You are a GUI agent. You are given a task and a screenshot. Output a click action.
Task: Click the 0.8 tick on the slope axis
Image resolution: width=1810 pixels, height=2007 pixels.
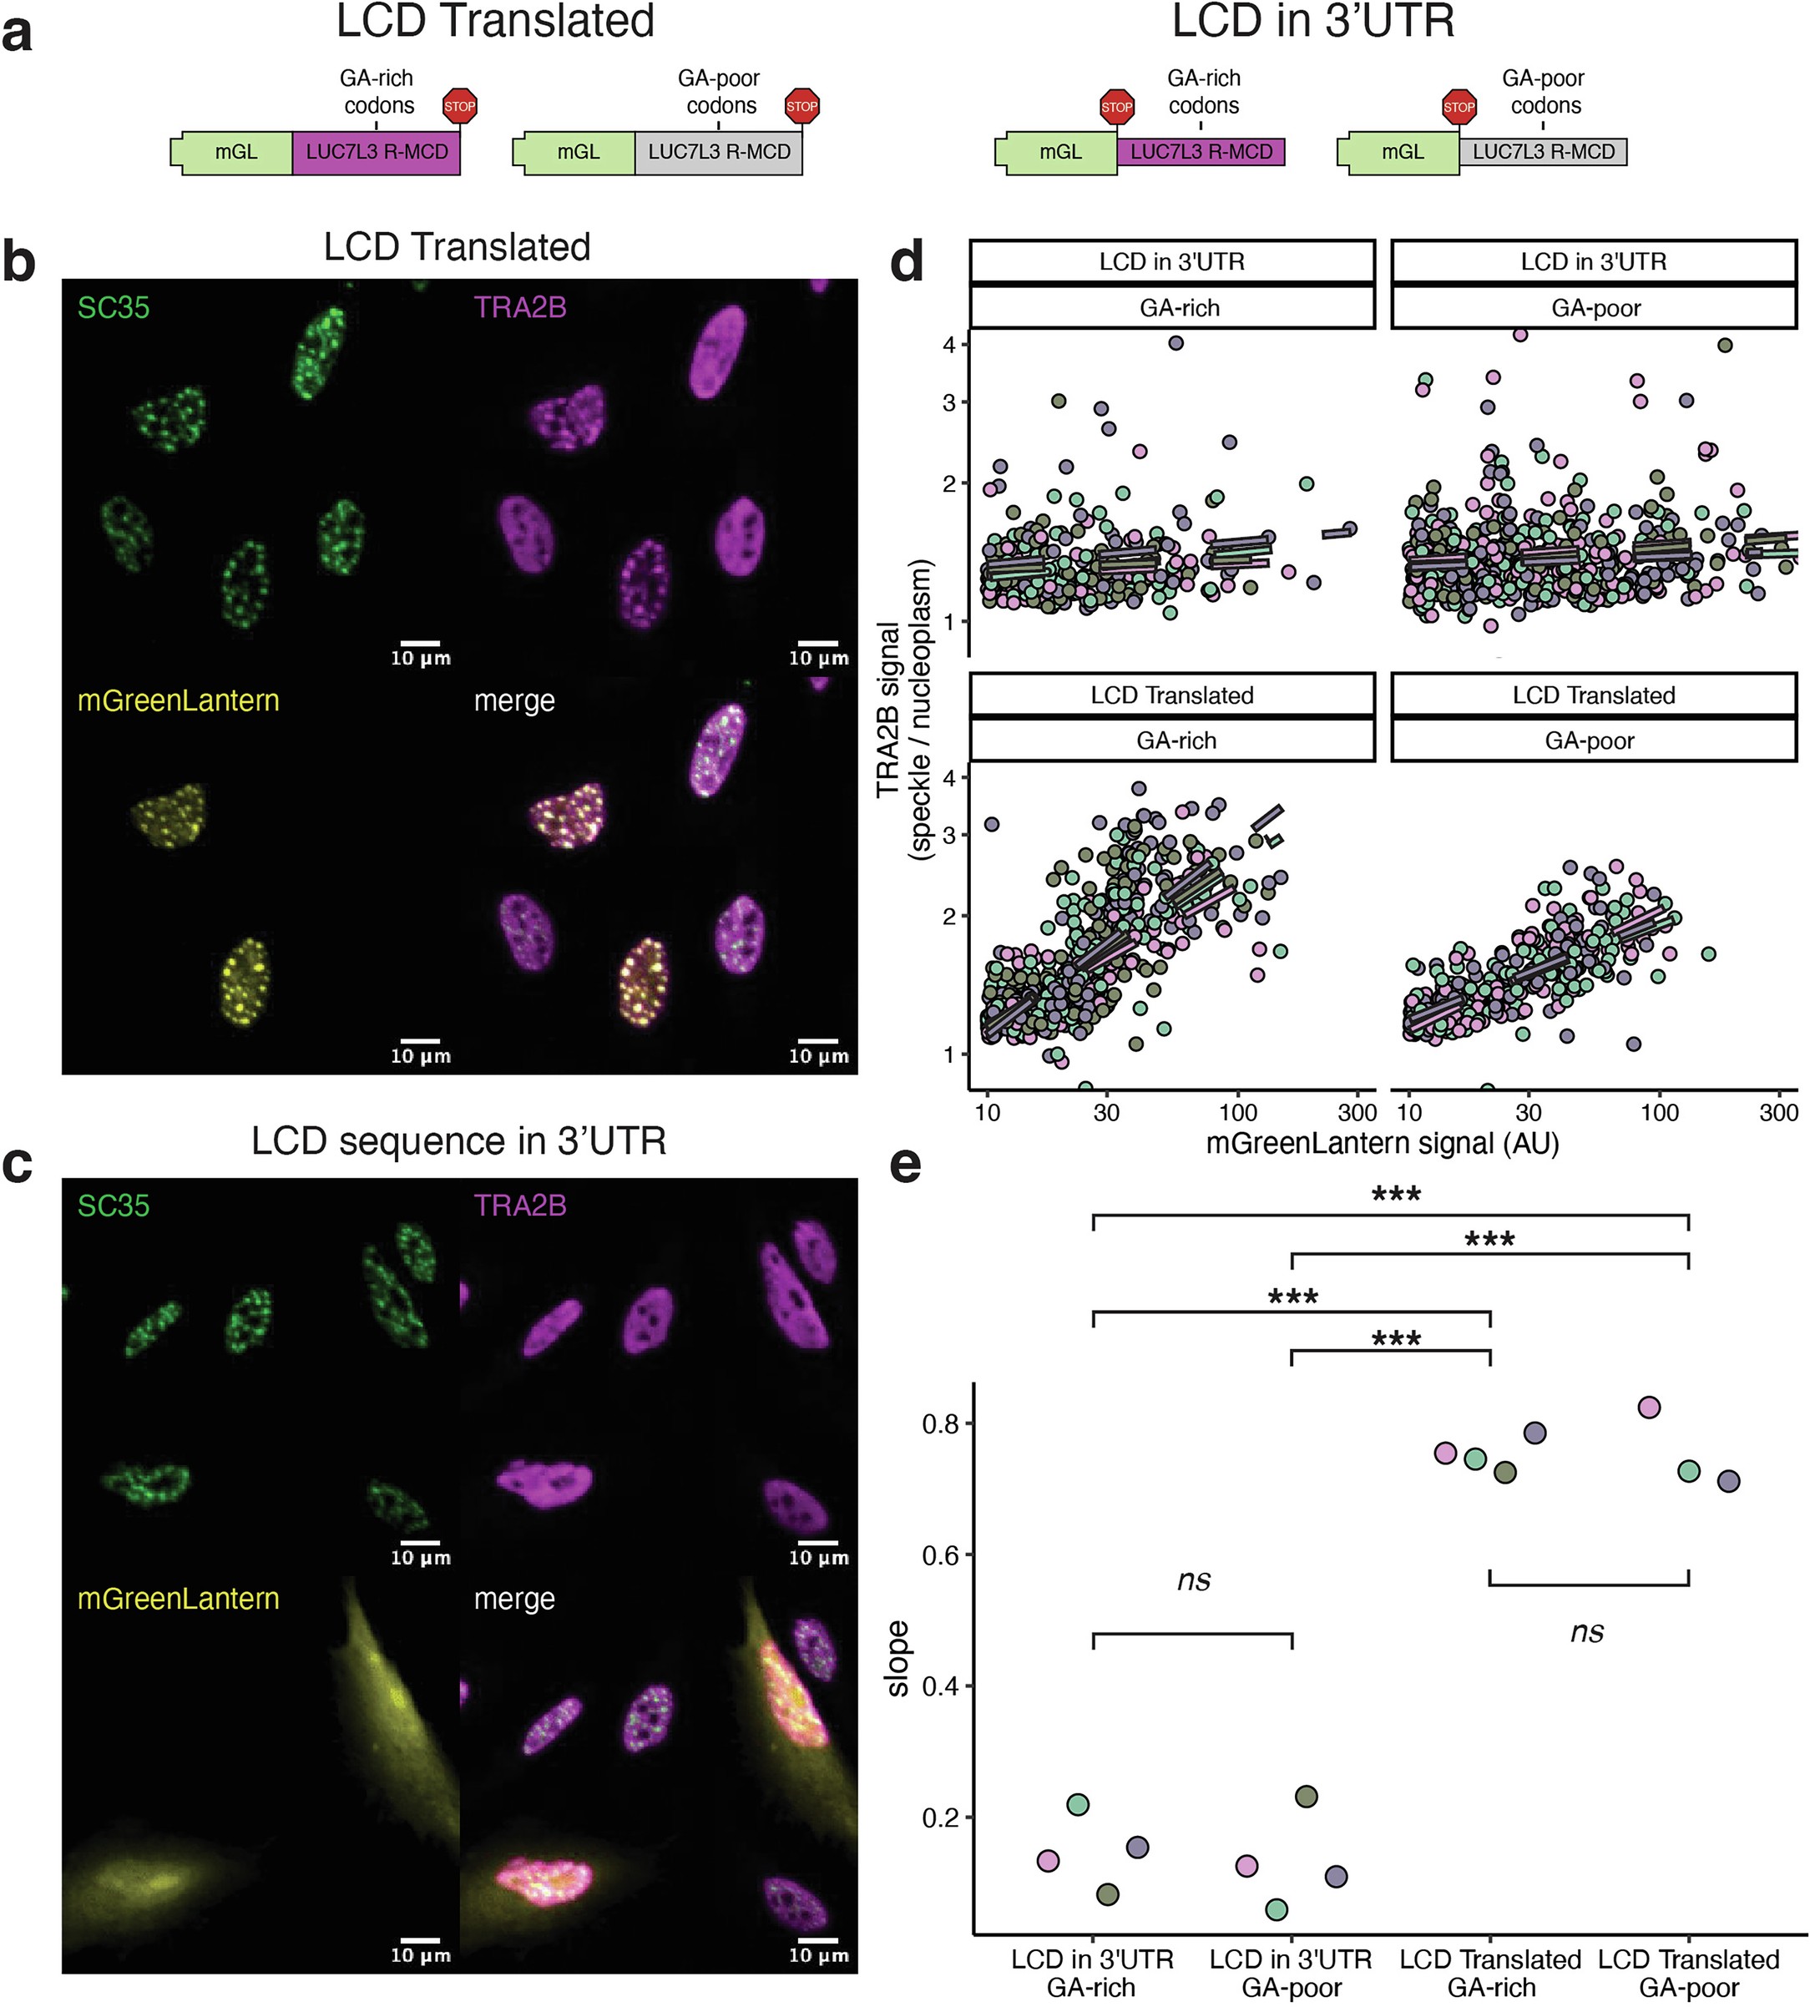[940, 1423]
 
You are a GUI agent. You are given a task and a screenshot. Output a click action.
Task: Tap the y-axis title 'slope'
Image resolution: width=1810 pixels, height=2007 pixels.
[897, 1658]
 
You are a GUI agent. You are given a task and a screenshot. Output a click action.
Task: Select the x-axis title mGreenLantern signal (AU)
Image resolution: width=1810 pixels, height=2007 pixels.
[1382, 1143]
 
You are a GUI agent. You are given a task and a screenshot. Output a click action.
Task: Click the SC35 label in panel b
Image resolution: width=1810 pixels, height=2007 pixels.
[114, 307]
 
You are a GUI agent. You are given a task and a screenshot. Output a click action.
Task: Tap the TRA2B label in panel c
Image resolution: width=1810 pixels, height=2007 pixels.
[520, 1206]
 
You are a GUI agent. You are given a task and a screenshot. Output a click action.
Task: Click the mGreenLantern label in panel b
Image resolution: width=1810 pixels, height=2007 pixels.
[178, 700]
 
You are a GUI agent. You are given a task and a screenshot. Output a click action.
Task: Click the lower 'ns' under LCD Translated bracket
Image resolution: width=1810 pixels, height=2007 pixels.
[1586, 1632]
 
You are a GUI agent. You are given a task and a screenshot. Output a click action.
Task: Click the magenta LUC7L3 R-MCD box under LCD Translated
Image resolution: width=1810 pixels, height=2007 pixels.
[376, 152]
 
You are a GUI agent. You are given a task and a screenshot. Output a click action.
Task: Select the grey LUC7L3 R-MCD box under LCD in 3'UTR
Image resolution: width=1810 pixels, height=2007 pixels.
[1543, 152]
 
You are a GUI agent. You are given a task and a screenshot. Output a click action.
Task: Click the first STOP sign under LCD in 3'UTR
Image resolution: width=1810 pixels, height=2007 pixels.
[1117, 106]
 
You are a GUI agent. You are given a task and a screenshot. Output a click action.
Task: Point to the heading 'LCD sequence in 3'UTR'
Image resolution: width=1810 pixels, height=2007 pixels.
[458, 1140]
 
